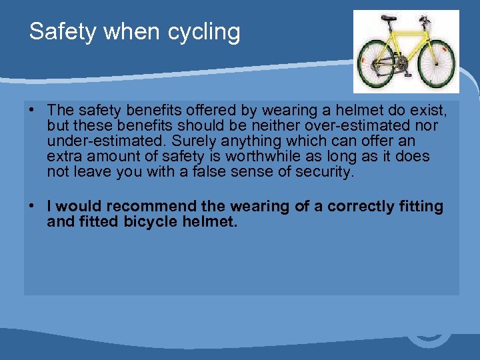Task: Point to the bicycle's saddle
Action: coord(388,19)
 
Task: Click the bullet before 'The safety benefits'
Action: coord(32,109)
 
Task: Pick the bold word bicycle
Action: coord(150,221)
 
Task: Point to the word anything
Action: coord(249,141)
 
